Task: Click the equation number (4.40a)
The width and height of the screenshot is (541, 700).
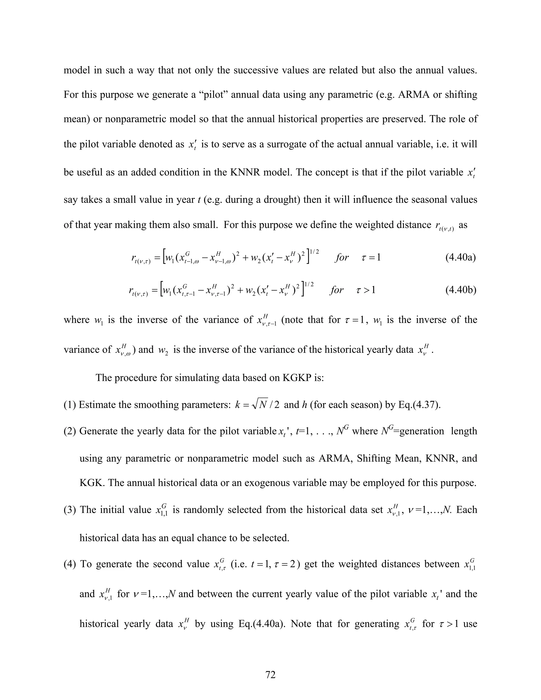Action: point(460,257)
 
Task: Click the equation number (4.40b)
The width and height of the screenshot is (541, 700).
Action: point(460,290)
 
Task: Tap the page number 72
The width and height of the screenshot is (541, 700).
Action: point(270,675)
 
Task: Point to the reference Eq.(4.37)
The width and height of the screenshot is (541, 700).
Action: point(419,405)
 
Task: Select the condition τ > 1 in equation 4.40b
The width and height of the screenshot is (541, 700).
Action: point(366,290)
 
